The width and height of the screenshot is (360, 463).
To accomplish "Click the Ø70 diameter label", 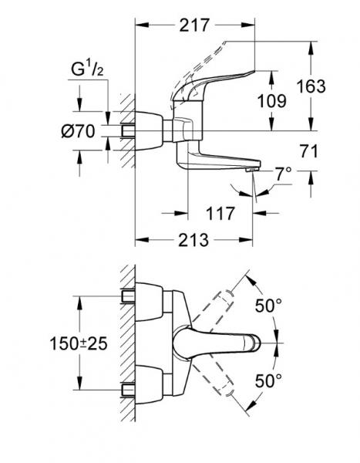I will [x=76, y=131].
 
